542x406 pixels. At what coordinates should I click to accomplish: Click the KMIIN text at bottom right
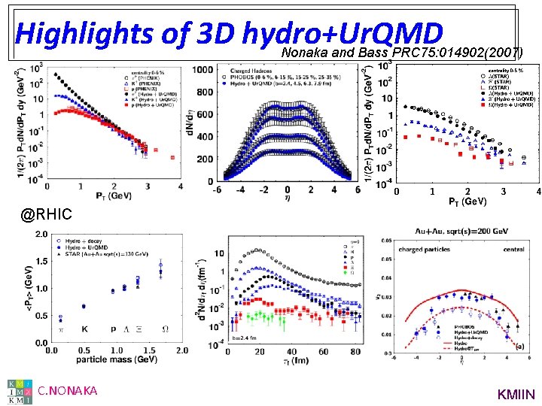click(516, 393)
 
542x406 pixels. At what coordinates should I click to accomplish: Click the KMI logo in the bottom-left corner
click(20, 390)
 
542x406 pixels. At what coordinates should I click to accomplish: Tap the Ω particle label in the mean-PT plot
click(165, 329)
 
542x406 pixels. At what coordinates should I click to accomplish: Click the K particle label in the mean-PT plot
click(84, 329)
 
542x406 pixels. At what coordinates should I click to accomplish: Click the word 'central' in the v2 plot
click(514, 249)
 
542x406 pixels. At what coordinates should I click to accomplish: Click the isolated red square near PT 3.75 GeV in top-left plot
click(172, 158)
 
